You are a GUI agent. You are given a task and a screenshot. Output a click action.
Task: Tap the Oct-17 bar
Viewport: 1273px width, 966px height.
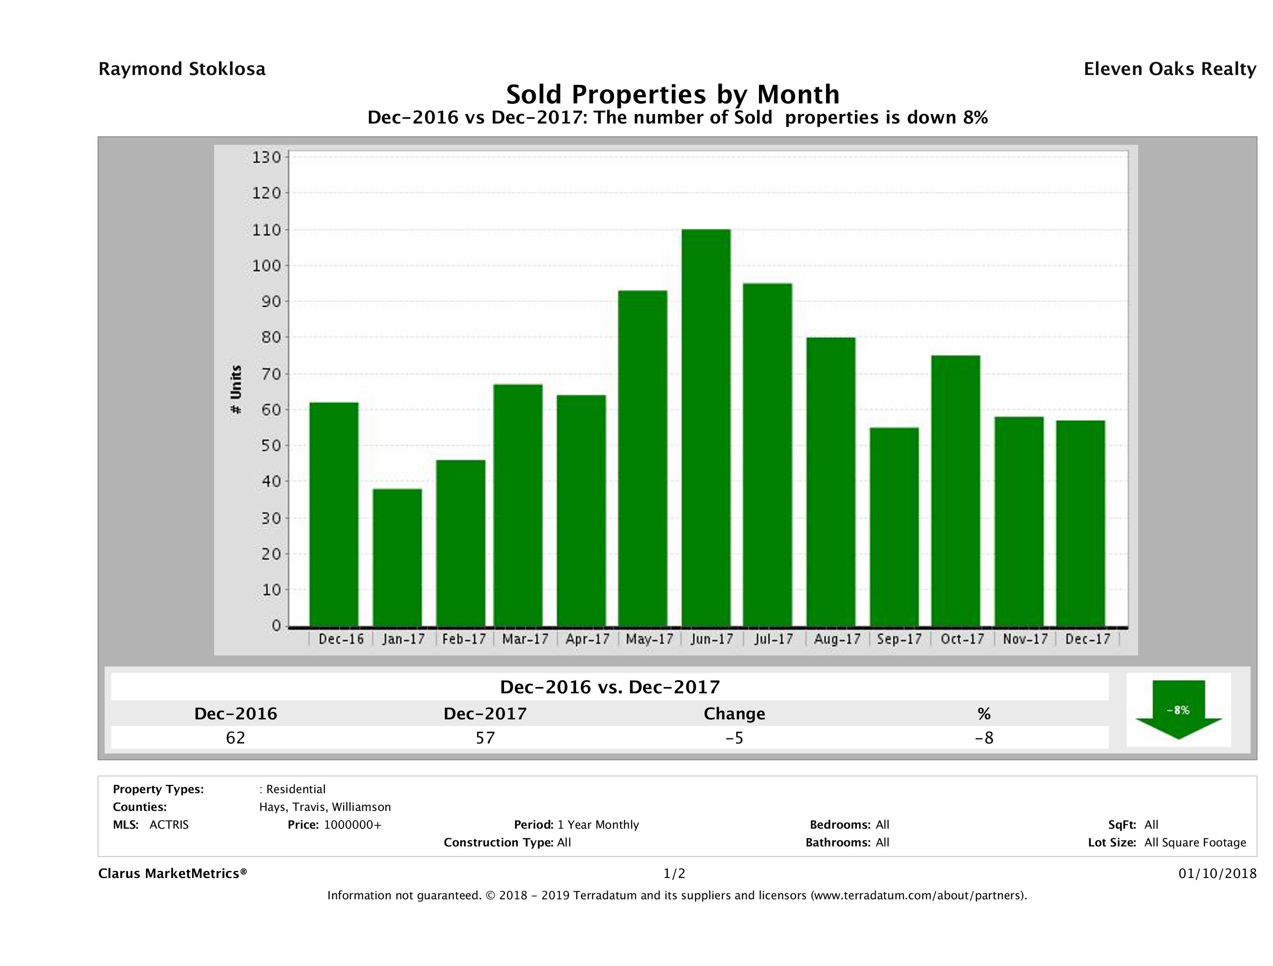(956, 490)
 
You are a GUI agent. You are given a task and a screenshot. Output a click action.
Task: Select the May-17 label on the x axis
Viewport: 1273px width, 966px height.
(649, 639)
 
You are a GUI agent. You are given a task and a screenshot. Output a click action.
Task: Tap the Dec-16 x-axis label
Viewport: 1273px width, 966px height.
(341, 639)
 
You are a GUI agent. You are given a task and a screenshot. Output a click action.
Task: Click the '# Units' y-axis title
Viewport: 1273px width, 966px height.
(236, 390)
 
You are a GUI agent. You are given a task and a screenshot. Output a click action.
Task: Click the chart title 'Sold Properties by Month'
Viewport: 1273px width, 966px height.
(672, 94)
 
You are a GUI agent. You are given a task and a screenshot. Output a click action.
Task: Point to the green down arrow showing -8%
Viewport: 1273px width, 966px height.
(1178, 710)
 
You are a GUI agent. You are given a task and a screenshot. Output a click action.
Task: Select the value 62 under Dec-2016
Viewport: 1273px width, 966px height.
(236, 738)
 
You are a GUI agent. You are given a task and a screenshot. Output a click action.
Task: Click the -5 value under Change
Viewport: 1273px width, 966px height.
(735, 738)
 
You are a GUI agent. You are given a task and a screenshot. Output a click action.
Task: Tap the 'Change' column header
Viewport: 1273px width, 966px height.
(735, 714)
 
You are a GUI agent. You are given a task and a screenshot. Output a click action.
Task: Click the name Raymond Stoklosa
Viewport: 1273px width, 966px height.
(182, 69)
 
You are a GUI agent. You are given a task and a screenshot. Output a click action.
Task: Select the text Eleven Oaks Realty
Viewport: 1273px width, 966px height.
(1169, 69)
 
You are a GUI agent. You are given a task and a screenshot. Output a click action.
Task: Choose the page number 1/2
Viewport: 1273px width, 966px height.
(674, 874)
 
